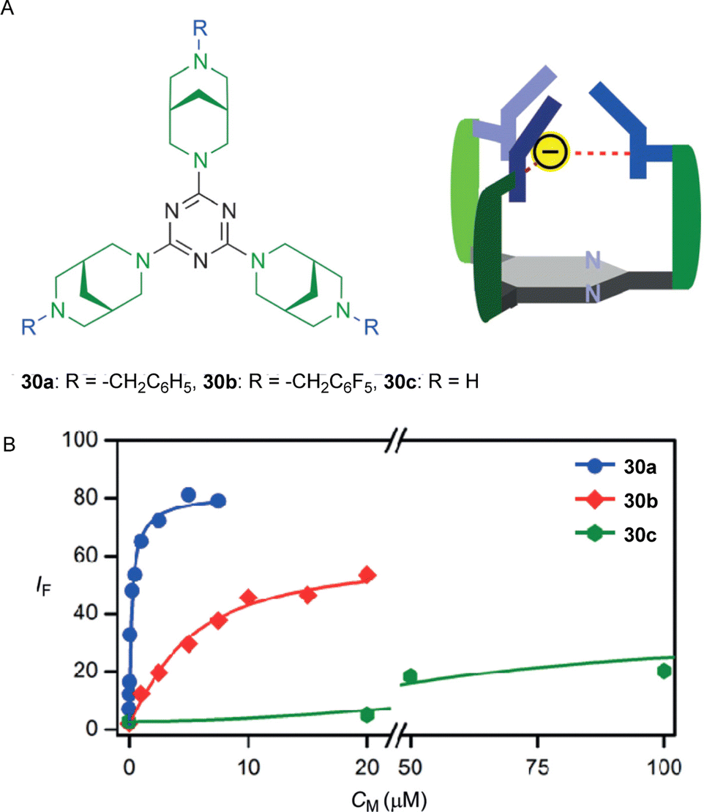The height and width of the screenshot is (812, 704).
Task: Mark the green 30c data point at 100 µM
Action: [664, 671]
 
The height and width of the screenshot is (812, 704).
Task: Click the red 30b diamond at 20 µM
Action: [368, 575]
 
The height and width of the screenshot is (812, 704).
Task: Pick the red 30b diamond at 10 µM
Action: [249, 597]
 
